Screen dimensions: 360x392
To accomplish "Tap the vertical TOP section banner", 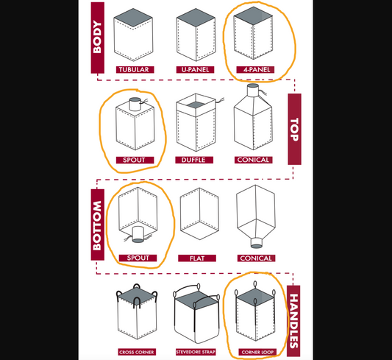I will tap(294, 129).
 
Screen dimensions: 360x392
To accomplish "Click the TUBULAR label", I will tap(134, 70).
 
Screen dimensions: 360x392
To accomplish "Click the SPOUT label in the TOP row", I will tap(134, 160).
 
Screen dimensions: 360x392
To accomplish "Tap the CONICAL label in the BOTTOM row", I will tap(257, 258).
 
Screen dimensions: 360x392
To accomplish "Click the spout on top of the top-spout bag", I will tap(135, 103).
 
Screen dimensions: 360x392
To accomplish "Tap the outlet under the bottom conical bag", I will tap(257, 241).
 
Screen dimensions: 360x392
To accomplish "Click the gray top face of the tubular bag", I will tap(135, 15).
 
